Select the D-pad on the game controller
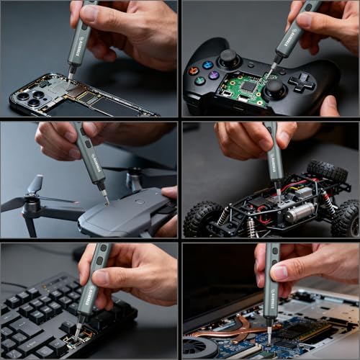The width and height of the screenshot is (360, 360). [x=302, y=81]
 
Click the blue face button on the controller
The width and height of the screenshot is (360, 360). [x=208, y=64]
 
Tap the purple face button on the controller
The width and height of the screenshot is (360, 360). [x=214, y=75]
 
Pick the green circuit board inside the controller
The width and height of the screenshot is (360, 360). [x=243, y=86]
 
